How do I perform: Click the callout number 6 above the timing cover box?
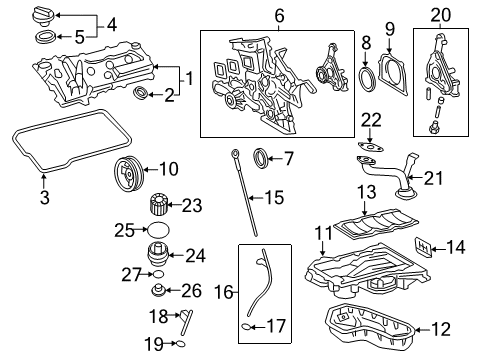click(278, 15)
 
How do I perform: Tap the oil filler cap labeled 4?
click(45, 16)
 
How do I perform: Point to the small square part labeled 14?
click(425, 247)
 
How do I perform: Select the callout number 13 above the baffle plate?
click(365, 190)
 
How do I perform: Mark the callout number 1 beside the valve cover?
click(187, 73)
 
